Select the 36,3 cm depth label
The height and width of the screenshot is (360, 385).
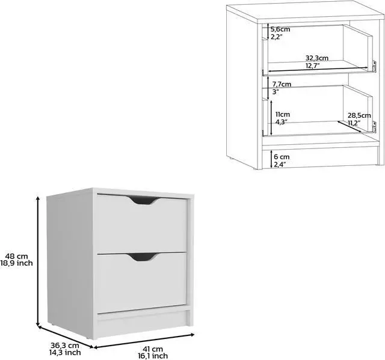point(65,346)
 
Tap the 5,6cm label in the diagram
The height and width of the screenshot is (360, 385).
point(280,29)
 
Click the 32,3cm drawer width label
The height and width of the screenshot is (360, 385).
point(316,58)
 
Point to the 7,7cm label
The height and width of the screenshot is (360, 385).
point(282,84)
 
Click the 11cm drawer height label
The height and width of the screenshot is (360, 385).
point(282,114)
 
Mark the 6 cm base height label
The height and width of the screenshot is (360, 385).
point(281,156)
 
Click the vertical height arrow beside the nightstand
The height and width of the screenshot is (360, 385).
point(38,261)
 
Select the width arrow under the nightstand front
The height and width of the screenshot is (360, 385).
point(144,340)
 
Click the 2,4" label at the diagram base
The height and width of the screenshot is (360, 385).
point(280,163)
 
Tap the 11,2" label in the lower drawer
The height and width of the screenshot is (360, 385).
point(353,123)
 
